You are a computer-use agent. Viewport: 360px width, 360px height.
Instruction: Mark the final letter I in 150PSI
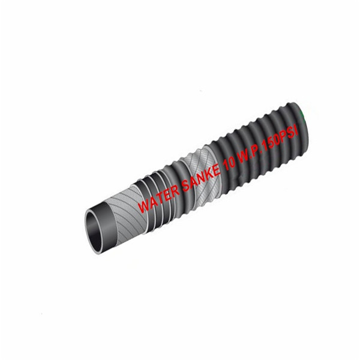point(296,133)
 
